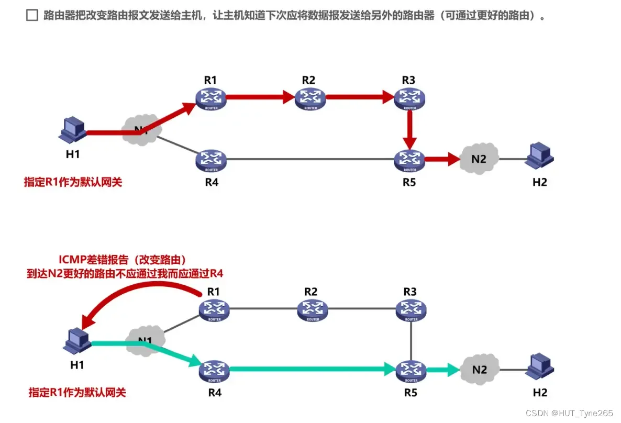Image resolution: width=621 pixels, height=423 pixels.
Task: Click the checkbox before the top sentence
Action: [x=32, y=16]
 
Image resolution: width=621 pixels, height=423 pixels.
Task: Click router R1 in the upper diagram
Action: [x=210, y=98]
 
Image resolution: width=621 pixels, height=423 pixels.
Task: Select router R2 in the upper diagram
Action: [x=310, y=98]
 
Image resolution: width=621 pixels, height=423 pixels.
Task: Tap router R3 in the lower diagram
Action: [x=411, y=309]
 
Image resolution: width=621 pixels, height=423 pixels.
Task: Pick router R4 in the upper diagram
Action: [x=210, y=160]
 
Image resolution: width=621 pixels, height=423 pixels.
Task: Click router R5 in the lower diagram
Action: [x=411, y=369]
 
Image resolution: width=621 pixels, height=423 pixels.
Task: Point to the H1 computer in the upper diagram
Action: [x=72, y=131]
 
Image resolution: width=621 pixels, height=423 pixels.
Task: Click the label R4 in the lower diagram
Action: [x=214, y=391]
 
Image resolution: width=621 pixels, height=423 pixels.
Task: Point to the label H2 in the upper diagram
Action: [x=539, y=182]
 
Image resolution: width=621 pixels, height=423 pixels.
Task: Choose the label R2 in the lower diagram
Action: [x=311, y=291]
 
